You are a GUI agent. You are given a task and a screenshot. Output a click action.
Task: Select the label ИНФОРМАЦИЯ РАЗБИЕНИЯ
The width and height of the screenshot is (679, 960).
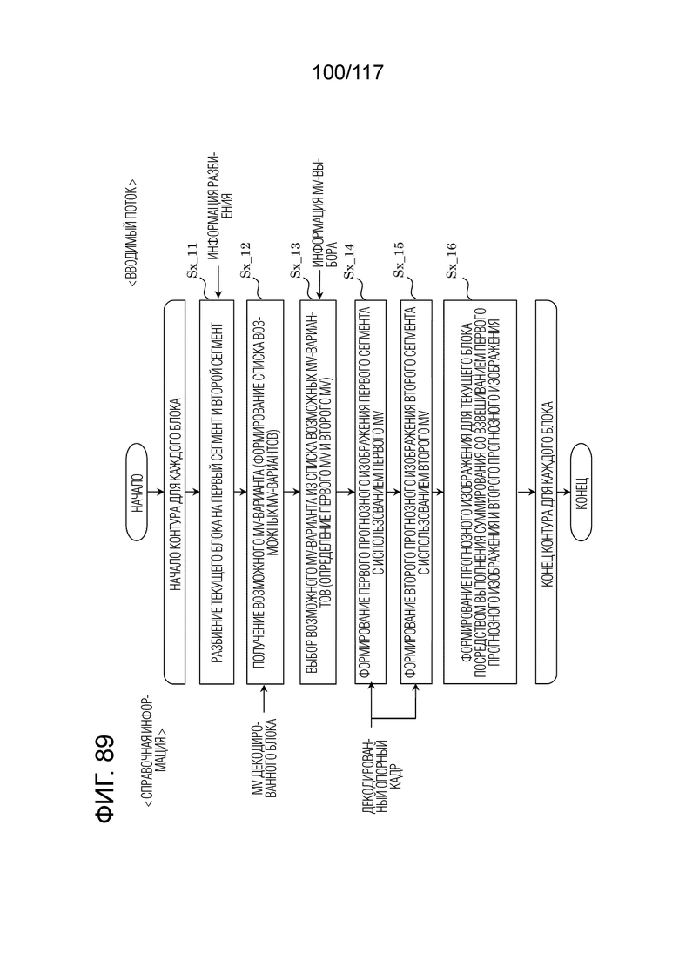click(218, 197)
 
